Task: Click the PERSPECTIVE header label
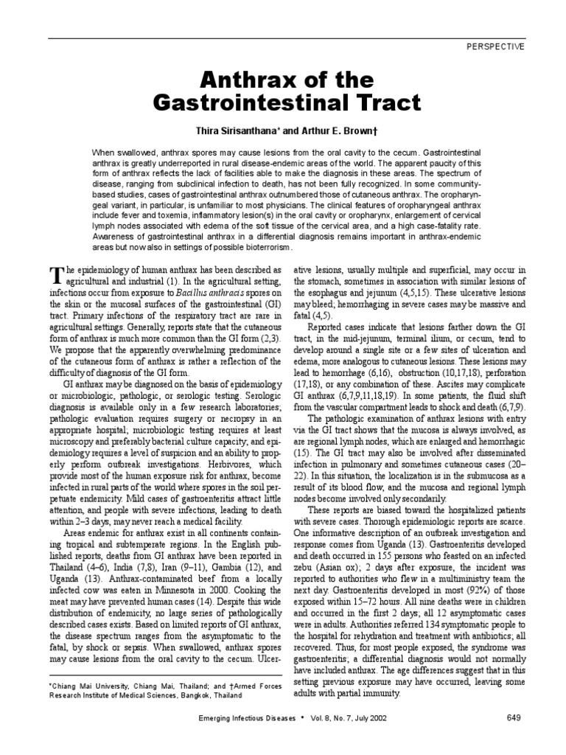[x=496, y=46]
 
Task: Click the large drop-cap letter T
[x=55, y=274]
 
